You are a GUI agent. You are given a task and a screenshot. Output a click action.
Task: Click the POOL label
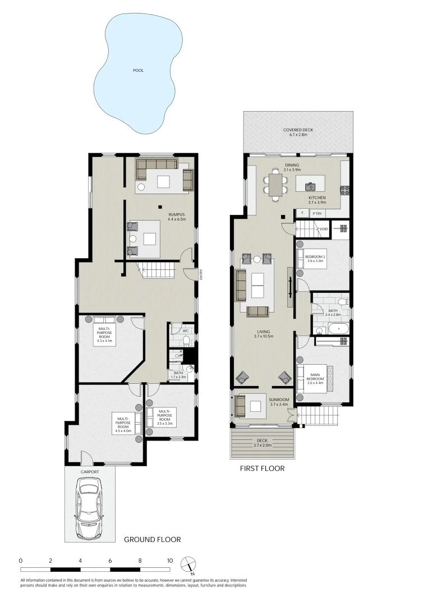coord(138,70)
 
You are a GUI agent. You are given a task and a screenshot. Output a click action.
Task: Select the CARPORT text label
coord(90,472)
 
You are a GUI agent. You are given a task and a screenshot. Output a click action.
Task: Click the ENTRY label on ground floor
coord(201,273)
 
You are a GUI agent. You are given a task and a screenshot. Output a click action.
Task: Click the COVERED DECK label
coord(298,130)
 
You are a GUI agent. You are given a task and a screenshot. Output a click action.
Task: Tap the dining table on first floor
coord(276,185)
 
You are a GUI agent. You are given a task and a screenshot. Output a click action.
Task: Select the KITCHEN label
coord(317,199)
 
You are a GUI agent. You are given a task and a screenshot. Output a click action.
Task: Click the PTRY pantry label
coord(317,213)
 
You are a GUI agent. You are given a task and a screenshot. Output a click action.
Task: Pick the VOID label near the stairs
coord(323,229)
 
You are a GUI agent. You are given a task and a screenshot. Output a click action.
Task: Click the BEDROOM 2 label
coord(315,256)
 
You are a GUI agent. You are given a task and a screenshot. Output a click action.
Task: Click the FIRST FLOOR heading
coord(262,469)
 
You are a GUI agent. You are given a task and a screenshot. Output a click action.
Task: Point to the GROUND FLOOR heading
coord(152,540)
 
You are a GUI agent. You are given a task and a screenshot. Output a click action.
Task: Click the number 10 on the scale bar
coord(169,561)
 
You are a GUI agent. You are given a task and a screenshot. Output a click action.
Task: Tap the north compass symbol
coord(189,563)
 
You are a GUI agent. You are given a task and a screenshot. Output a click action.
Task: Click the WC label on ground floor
coord(185,330)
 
